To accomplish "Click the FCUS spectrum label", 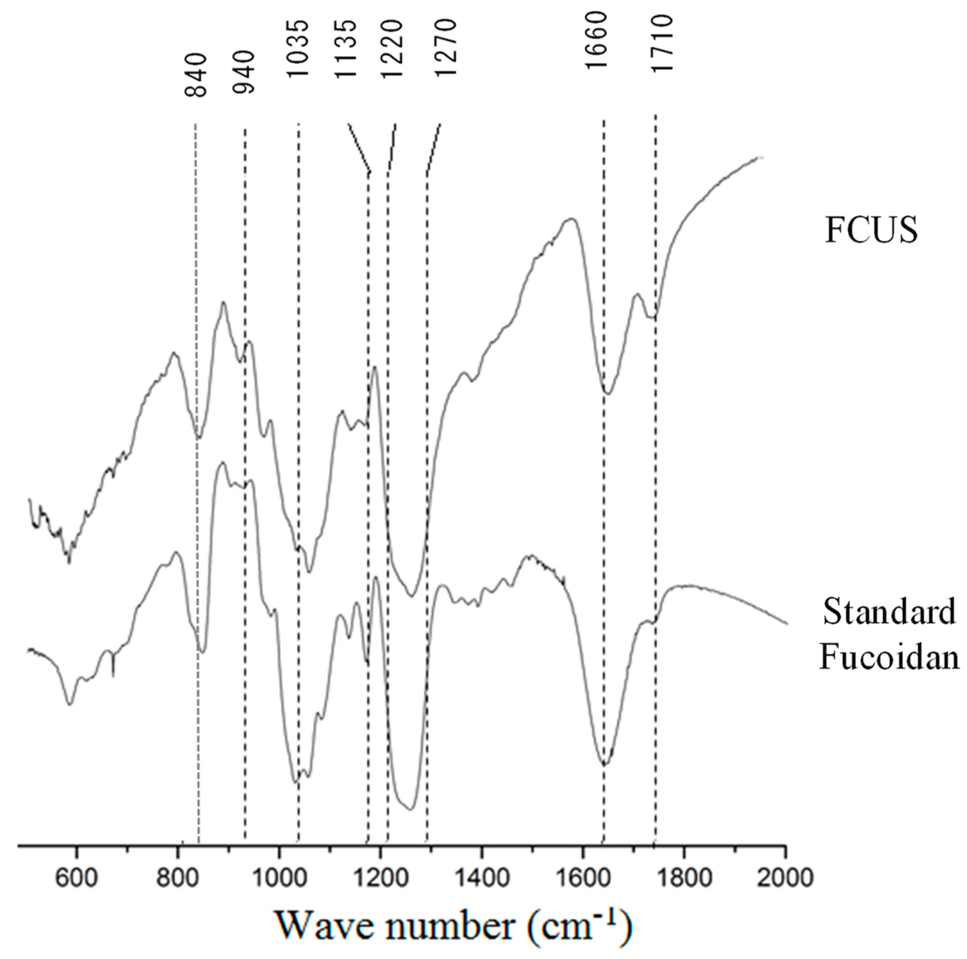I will [x=871, y=230].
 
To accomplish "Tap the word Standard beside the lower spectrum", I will [x=889, y=612].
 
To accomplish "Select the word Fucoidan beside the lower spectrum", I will [x=889, y=656].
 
